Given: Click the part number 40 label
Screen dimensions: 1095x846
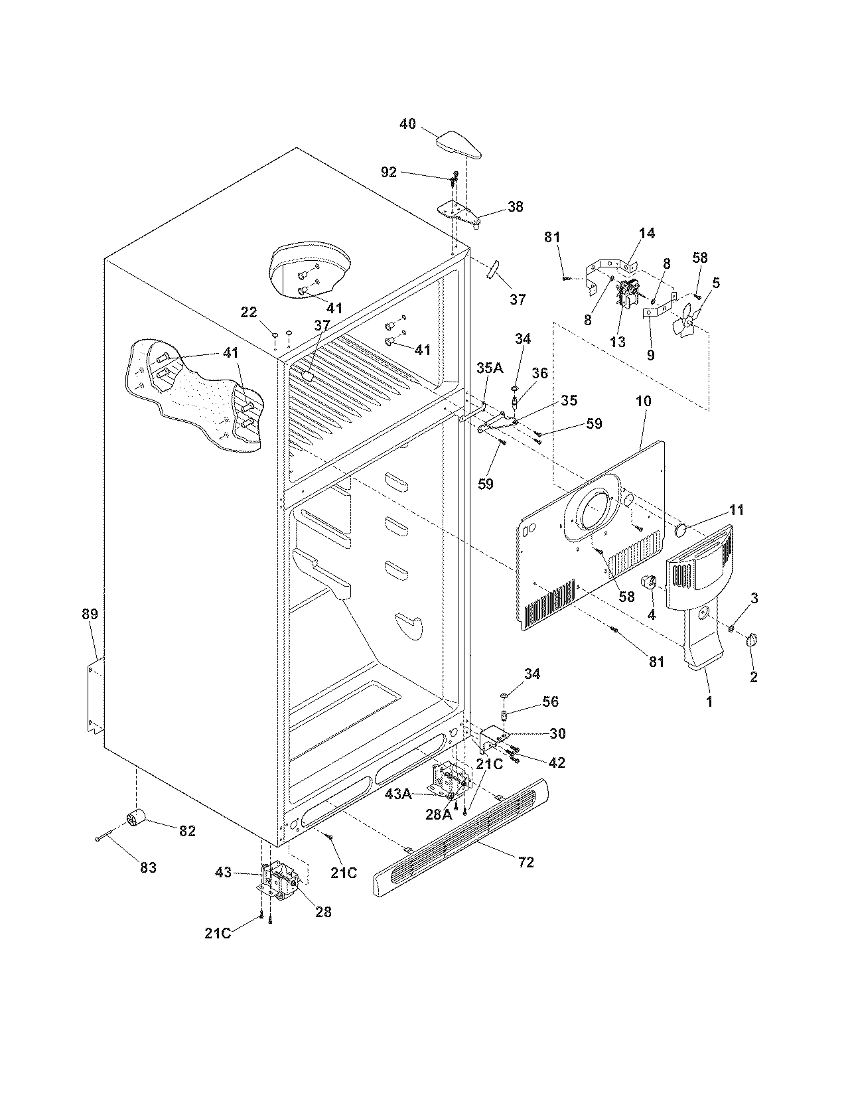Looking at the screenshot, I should [x=407, y=123].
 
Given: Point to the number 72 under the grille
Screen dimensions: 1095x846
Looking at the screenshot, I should [x=527, y=862].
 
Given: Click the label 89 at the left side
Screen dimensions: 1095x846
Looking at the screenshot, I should [x=90, y=615].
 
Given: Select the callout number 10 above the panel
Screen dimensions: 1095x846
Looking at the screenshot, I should [x=643, y=401].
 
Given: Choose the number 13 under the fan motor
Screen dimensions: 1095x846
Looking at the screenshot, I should [x=617, y=342].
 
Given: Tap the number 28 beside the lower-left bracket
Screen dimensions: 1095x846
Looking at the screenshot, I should [x=323, y=912].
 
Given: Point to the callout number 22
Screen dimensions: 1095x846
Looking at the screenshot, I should [x=248, y=312].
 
